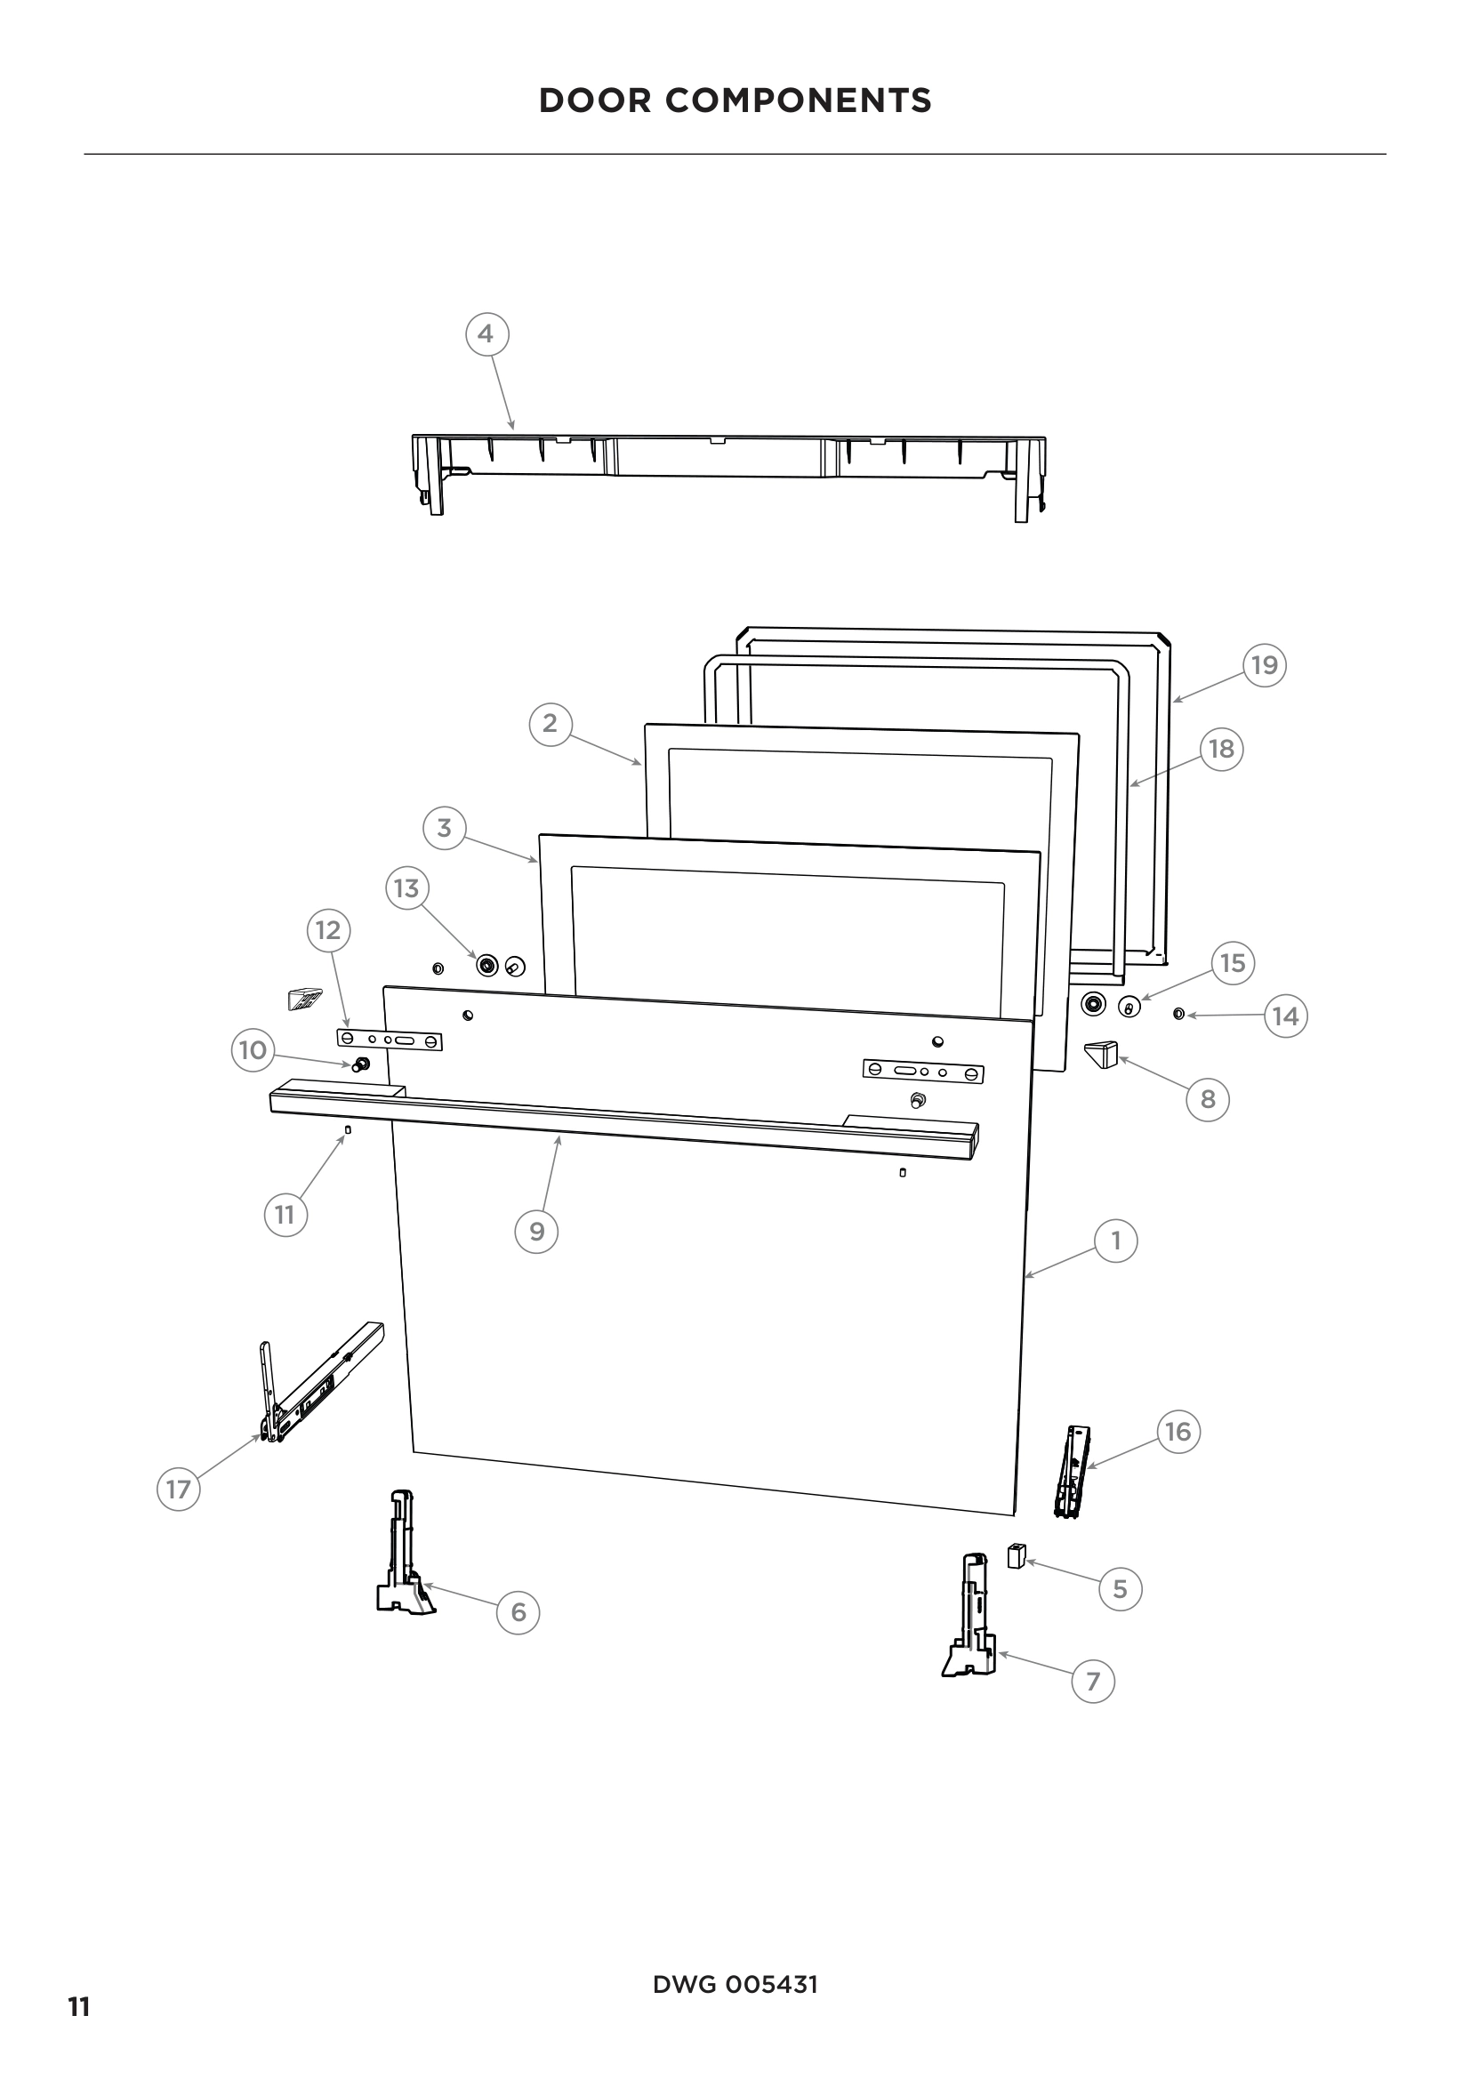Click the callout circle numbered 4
tap(486, 334)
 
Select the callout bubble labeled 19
tap(1264, 666)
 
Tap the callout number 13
tap(406, 887)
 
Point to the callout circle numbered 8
tap(1208, 1099)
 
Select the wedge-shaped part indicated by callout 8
tap(1102, 1055)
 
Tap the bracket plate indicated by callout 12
tap(390, 1040)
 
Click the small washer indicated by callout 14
tap(1178, 1014)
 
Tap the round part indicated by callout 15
tap(1129, 1008)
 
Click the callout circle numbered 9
tap(536, 1231)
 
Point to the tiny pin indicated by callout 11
tap(348, 1129)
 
